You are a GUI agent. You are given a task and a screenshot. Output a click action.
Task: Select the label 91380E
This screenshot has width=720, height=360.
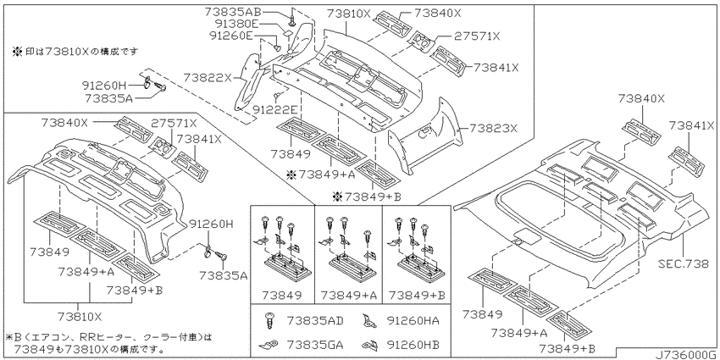[237, 23]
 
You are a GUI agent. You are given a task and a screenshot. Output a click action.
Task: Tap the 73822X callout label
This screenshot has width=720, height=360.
[208, 78]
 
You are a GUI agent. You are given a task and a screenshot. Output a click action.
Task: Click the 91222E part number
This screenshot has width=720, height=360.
[277, 110]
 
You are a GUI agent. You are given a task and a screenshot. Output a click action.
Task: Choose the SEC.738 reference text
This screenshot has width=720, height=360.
[684, 265]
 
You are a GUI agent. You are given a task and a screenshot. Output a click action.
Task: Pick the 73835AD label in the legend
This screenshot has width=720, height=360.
[315, 320]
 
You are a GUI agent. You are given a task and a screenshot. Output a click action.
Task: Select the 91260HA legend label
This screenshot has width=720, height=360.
[413, 320]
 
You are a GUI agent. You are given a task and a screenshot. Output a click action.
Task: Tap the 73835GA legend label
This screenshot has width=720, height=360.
[315, 344]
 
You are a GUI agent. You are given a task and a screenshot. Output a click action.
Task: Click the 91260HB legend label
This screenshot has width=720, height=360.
[413, 344]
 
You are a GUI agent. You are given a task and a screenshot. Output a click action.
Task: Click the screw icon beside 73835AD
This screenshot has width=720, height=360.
[269, 320]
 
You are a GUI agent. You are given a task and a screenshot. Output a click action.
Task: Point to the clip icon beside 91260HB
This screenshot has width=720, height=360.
[368, 344]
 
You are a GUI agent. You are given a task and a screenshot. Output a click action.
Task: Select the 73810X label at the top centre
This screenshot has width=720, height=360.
[349, 14]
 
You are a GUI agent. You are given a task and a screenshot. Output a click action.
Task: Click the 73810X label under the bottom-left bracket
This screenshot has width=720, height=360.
[80, 317]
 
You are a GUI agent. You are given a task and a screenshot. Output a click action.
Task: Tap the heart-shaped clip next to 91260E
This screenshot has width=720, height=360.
[277, 47]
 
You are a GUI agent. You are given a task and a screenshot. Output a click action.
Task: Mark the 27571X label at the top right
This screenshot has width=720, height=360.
[477, 36]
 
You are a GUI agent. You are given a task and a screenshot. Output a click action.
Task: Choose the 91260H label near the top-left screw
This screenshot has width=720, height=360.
[104, 85]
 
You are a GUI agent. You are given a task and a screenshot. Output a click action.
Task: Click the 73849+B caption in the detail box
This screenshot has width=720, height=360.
[417, 296]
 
